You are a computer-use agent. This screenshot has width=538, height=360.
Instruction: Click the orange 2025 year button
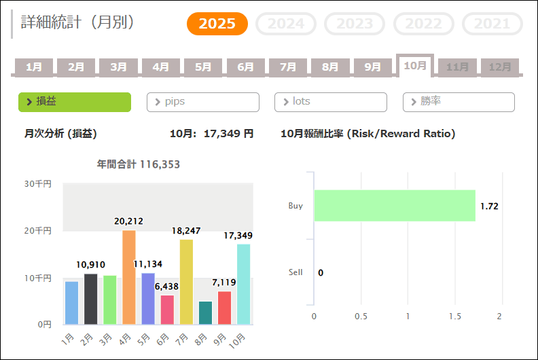coord(217,24)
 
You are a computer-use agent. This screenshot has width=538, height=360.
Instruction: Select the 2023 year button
coord(355,24)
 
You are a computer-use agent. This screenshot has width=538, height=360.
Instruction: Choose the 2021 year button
coord(492,24)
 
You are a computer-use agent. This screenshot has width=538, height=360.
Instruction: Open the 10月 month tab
coord(414,65)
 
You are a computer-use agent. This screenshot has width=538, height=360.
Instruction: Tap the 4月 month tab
coord(161,67)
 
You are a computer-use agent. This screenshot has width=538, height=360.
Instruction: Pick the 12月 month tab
coord(500,67)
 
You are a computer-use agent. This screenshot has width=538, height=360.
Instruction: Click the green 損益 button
coord(75,102)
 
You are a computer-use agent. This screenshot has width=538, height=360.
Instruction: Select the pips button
coord(203,102)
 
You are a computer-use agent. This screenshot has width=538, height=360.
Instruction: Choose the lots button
coord(331,102)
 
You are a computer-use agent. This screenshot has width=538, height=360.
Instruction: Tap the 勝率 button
coord(459,102)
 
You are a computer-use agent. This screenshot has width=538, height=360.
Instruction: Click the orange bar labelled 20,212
coord(128,277)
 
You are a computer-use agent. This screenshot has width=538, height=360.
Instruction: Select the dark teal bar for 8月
coord(205,312)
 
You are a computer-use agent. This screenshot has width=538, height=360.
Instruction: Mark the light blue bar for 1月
coord(71,302)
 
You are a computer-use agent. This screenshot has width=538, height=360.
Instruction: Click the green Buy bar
coord(395,206)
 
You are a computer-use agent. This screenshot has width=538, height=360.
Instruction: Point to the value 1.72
coord(489,206)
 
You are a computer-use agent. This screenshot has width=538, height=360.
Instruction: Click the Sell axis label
coord(295,272)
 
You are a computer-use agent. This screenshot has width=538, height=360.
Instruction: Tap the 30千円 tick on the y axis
coord(38,183)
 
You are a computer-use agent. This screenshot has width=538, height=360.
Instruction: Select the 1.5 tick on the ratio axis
coord(452,317)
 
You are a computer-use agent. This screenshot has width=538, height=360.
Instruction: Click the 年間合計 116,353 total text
coord(139,164)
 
